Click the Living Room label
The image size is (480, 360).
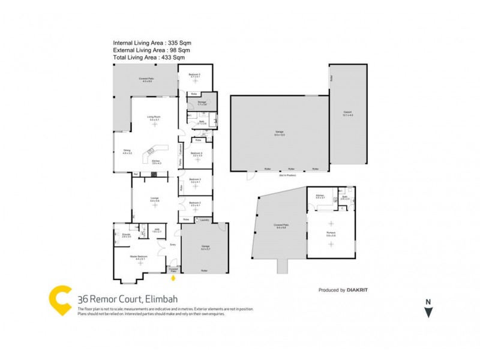tap(154, 116)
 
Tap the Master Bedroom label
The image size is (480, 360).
tap(139, 256)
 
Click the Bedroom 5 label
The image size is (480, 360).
tap(195, 75)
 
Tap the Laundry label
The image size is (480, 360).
tap(205, 220)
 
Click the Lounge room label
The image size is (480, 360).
tap(154, 198)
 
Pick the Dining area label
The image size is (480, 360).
tap(127, 151)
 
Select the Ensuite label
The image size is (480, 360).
tap(127, 234)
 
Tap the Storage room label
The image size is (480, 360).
tap(202, 103)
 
